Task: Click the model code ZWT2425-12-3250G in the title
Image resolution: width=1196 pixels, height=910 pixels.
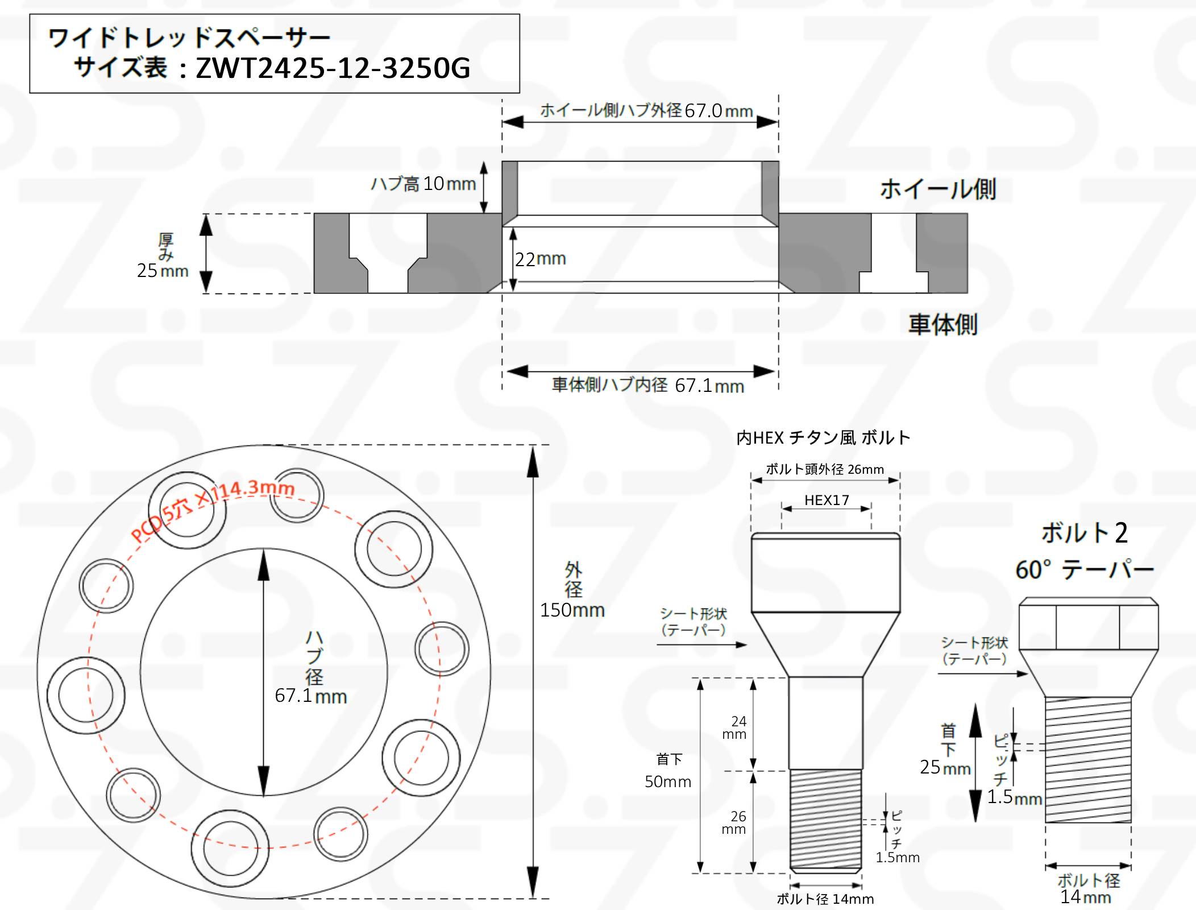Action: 333,68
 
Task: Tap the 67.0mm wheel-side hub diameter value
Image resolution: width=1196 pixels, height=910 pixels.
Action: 719,110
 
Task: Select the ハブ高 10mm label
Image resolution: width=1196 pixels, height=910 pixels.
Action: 423,184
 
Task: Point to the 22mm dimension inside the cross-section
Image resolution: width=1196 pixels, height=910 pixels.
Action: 541,259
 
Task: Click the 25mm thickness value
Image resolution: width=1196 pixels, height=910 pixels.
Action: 163,270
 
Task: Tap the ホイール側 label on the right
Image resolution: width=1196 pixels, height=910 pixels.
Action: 938,189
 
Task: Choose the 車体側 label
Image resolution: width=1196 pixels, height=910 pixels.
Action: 942,325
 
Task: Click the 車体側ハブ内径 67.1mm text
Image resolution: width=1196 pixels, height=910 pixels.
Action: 648,386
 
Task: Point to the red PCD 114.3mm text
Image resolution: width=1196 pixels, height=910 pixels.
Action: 213,509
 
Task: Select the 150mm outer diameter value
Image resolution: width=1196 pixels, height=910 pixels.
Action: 572,610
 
